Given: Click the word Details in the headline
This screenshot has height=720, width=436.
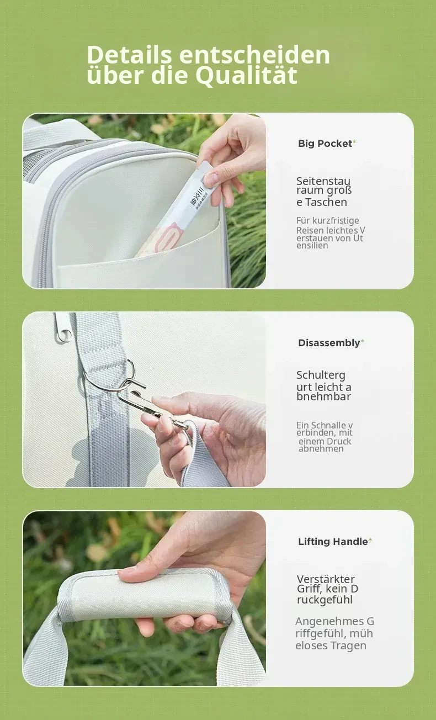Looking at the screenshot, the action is point(129,55).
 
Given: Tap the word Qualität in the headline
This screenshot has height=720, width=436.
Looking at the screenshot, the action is point(246,76).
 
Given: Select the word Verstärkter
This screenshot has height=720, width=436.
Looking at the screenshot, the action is point(326,579).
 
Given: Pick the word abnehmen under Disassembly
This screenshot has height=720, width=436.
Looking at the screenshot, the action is point(321,448).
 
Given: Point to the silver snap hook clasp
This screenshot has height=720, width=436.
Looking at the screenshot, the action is point(146,405).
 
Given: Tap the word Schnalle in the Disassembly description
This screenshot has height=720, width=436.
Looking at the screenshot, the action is point(328,426).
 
